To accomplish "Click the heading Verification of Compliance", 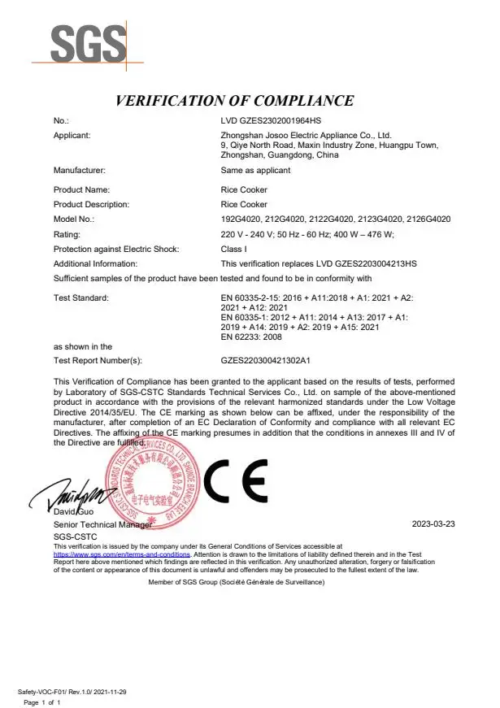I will [x=235, y=102].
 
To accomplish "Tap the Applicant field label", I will [x=72, y=135].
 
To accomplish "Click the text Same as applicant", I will [x=255, y=171].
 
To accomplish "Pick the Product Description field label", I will [x=91, y=205].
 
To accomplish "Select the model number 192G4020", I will [x=240, y=219].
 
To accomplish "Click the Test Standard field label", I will [x=80, y=299].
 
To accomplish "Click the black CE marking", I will [x=235, y=483].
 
